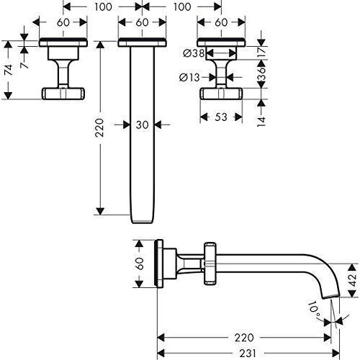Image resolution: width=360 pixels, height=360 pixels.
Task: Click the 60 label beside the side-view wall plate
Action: point(140,264)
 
